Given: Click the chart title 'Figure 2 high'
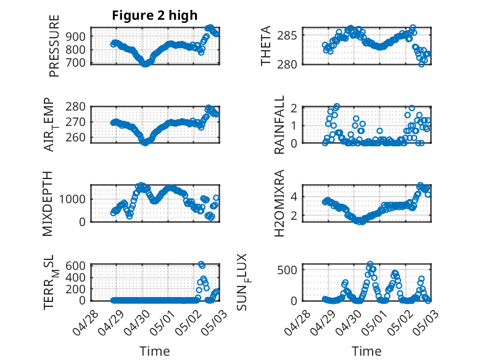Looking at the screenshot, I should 154,15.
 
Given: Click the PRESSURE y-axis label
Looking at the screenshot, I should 55,45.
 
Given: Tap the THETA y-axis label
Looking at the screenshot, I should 267,45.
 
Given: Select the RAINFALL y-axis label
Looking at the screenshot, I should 279,125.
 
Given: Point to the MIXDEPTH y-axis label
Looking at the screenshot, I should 48,203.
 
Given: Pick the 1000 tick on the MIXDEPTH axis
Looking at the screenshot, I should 74,199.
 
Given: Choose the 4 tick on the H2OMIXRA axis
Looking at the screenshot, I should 295,196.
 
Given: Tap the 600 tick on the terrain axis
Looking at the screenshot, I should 77,266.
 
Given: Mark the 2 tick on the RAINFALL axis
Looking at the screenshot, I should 295,108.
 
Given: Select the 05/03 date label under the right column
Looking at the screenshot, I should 423,321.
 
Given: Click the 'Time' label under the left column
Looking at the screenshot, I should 155,351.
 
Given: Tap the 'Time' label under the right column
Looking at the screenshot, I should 366,351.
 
